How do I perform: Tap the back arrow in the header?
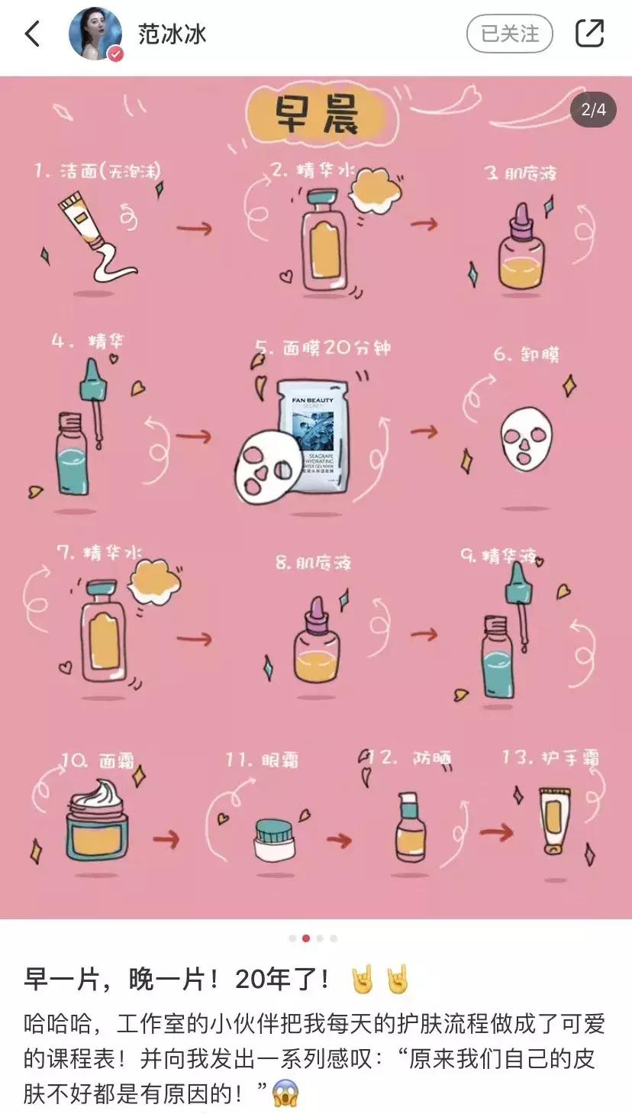(x=32, y=34)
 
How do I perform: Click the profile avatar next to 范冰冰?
(x=95, y=34)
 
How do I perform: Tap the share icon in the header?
(x=589, y=34)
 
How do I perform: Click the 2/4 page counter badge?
(x=593, y=110)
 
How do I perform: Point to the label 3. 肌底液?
(x=521, y=173)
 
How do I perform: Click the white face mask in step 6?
(x=527, y=440)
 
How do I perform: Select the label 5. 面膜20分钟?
(x=324, y=349)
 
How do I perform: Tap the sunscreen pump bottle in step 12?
(x=409, y=828)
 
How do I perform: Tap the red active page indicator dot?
(x=306, y=938)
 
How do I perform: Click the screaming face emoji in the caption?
(x=285, y=1093)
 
